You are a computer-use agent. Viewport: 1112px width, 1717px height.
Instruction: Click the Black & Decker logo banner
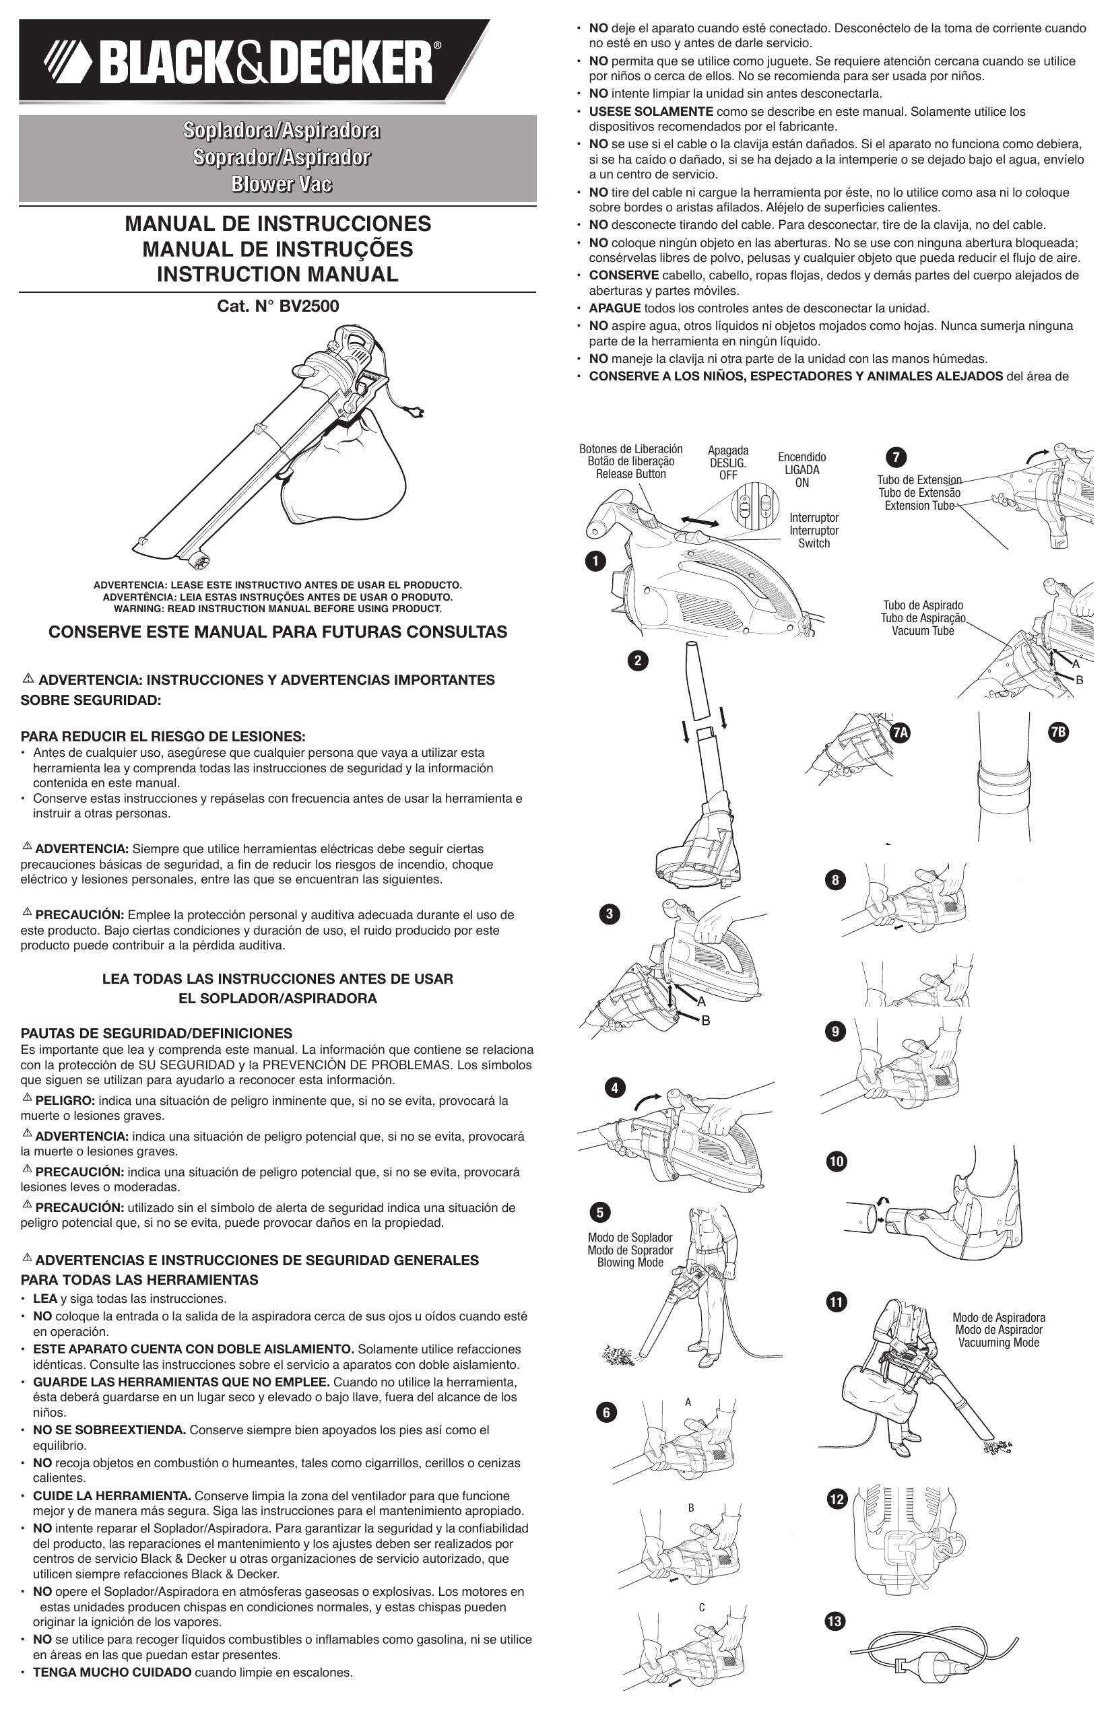[254, 60]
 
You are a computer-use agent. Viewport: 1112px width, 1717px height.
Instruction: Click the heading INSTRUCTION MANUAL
[277, 274]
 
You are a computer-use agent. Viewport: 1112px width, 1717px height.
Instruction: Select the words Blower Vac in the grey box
[281, 184]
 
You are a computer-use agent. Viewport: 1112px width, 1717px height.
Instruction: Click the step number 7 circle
[896, 457]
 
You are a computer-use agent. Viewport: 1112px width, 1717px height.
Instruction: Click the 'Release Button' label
[630, 474]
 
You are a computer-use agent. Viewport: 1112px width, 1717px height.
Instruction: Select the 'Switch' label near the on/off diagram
[814, 543]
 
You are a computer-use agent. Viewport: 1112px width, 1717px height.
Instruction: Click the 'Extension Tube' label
[919, 505]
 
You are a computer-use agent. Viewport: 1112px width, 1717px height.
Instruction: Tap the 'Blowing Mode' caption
[630, 1262]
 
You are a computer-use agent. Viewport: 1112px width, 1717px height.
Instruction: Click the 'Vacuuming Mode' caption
[999, 1342]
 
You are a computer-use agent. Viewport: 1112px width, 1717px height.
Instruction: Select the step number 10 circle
[837, 1161]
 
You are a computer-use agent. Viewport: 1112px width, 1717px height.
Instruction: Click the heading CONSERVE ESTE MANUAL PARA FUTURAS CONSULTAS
[277, 632]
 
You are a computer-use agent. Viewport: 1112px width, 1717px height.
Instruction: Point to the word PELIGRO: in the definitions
[65, 1100]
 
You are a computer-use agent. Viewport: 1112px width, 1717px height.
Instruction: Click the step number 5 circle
[599, 1211]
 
